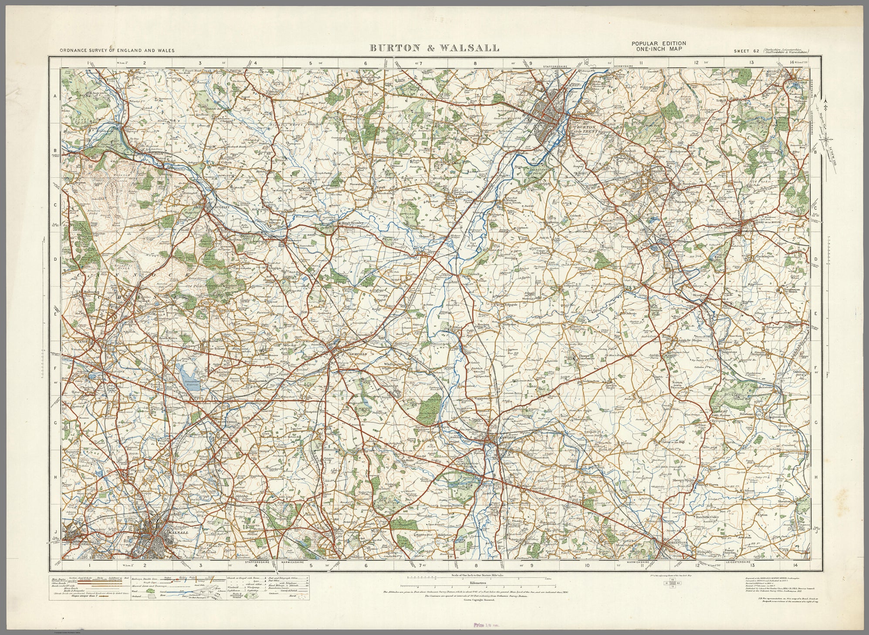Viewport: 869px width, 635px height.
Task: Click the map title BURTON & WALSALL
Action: [435, 48]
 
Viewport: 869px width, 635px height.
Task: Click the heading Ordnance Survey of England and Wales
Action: [117, 51]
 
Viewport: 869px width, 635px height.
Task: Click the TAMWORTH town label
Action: [504, 437]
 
